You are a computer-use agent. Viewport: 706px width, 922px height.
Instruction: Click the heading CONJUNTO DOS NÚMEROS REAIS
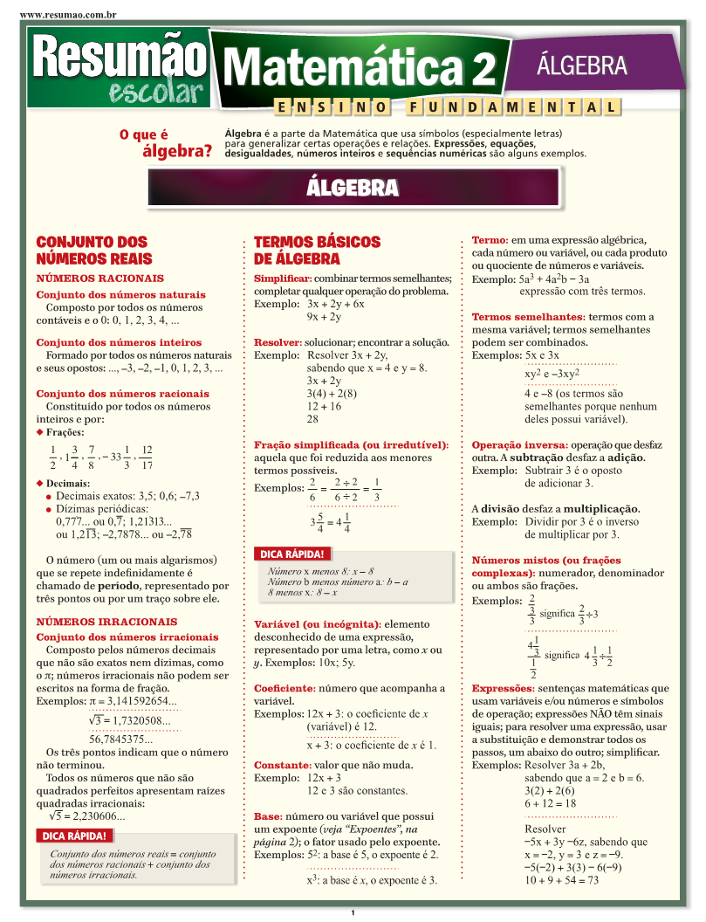point(94,250)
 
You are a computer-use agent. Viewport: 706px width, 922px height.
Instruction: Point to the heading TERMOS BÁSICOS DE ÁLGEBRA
point(317,250)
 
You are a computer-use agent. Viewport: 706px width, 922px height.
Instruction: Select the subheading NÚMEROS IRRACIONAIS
point(106,622)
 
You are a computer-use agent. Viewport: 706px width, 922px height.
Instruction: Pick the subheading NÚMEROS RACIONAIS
point(99,278)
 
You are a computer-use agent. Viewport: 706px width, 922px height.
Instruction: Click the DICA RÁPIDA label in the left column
point(75,836)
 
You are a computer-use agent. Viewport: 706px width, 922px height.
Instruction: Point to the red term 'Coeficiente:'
point(284,688)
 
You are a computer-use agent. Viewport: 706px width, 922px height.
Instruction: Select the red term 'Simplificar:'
point(283,278)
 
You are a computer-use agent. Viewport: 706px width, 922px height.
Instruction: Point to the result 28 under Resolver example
point(313,419)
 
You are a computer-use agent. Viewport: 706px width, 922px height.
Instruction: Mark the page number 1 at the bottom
point(353,913)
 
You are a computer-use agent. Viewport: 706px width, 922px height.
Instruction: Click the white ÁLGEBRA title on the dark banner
point(353,188)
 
